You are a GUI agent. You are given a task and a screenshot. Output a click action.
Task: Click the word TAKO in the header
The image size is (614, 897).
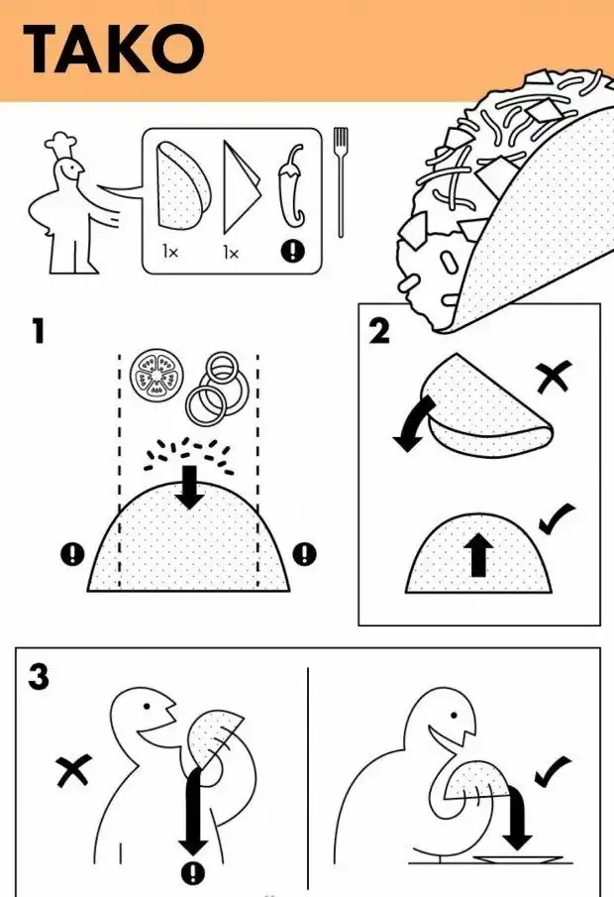tap(113, 47)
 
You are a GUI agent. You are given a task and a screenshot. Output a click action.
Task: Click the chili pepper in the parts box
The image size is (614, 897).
tap(293, 185)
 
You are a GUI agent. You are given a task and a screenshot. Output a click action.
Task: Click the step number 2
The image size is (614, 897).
tap(379, 331)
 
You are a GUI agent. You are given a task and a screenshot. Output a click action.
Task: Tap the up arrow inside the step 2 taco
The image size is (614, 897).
tap(479, 553)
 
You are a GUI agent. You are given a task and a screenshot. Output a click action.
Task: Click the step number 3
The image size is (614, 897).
tap(37, 678)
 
